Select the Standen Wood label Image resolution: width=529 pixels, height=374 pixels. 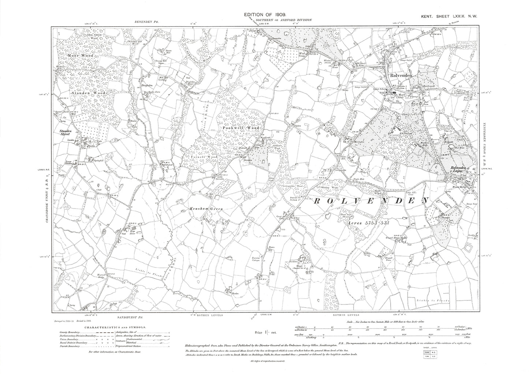click(x=89, y=94)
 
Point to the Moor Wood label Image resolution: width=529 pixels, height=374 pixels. click(x=80, y=55)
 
